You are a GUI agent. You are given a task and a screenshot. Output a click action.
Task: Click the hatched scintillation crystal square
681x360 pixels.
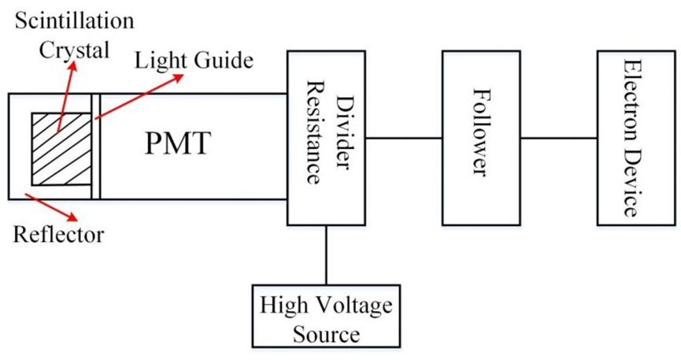click(61, 149)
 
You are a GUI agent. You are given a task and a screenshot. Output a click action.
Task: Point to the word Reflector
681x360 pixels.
click(59, 234)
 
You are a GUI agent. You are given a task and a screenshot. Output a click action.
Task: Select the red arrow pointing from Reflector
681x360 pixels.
click(55, 206)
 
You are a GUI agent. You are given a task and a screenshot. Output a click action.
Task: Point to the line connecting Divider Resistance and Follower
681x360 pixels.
click(402, 138)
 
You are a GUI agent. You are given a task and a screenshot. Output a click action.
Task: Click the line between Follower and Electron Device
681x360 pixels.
click(557, 138)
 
